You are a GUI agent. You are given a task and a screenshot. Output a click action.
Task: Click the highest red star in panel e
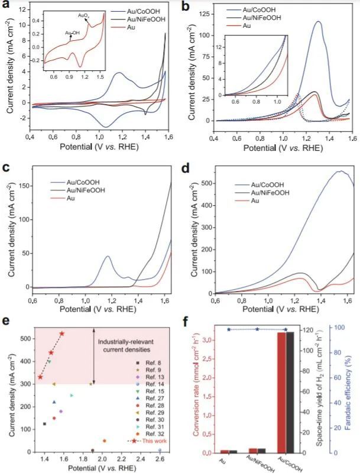point(61,333)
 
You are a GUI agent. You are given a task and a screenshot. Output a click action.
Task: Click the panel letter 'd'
point(187,168)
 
